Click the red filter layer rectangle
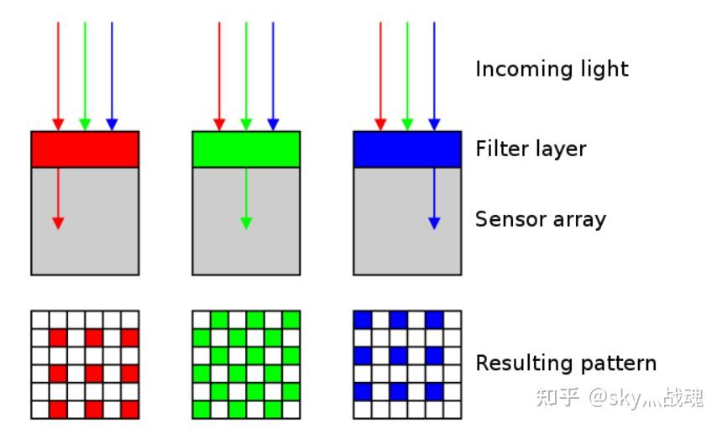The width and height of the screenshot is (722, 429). coord(85,149)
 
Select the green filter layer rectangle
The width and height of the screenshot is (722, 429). coord(246,149)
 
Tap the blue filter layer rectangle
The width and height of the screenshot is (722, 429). coord(407,149)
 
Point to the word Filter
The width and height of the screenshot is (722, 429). coord(500,149)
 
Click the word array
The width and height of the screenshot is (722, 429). coord(578,221)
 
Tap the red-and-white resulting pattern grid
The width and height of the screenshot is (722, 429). coord(85,364)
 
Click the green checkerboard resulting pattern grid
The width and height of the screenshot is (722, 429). coord(246,364)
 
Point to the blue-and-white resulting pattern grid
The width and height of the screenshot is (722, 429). coord(407,364)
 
